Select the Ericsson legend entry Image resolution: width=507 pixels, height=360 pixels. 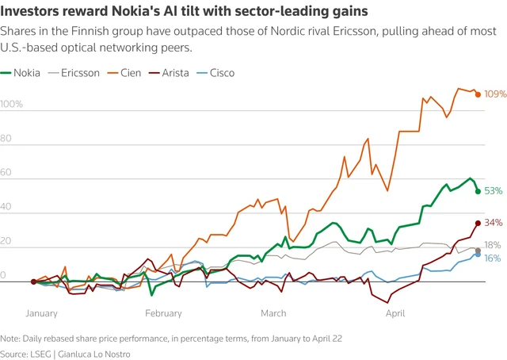click(78, 73)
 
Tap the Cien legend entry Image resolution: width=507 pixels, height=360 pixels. click(131, 73)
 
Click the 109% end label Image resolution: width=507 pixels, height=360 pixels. click(494, 94)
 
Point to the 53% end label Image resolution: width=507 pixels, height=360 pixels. click(493, 191)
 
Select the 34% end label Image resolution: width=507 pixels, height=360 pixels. click(493, 223)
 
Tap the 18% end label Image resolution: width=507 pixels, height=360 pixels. click(493, 245)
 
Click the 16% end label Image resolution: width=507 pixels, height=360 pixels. click(493, 259)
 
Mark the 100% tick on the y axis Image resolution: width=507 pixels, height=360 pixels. click(12, 105)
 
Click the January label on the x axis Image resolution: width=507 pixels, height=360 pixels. click(42, 313)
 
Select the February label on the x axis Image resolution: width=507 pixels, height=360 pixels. click(163, 313)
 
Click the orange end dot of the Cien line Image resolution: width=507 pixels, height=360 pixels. click(478, 94)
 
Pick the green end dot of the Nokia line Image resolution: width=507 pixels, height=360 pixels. click(478, 191)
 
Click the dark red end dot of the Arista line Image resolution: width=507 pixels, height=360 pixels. click(478, 224)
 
